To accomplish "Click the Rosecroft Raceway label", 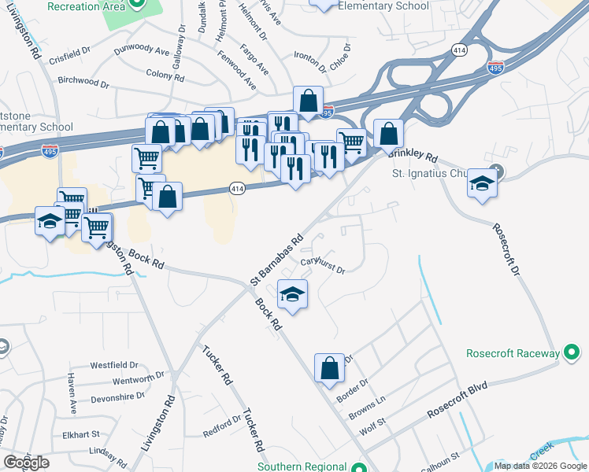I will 511,353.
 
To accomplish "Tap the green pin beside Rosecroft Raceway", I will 572,353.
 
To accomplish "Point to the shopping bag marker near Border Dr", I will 329,367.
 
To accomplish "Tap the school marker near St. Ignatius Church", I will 482,185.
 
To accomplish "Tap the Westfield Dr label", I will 113,365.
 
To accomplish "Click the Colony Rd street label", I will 165,76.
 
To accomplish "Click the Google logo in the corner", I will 26,463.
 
